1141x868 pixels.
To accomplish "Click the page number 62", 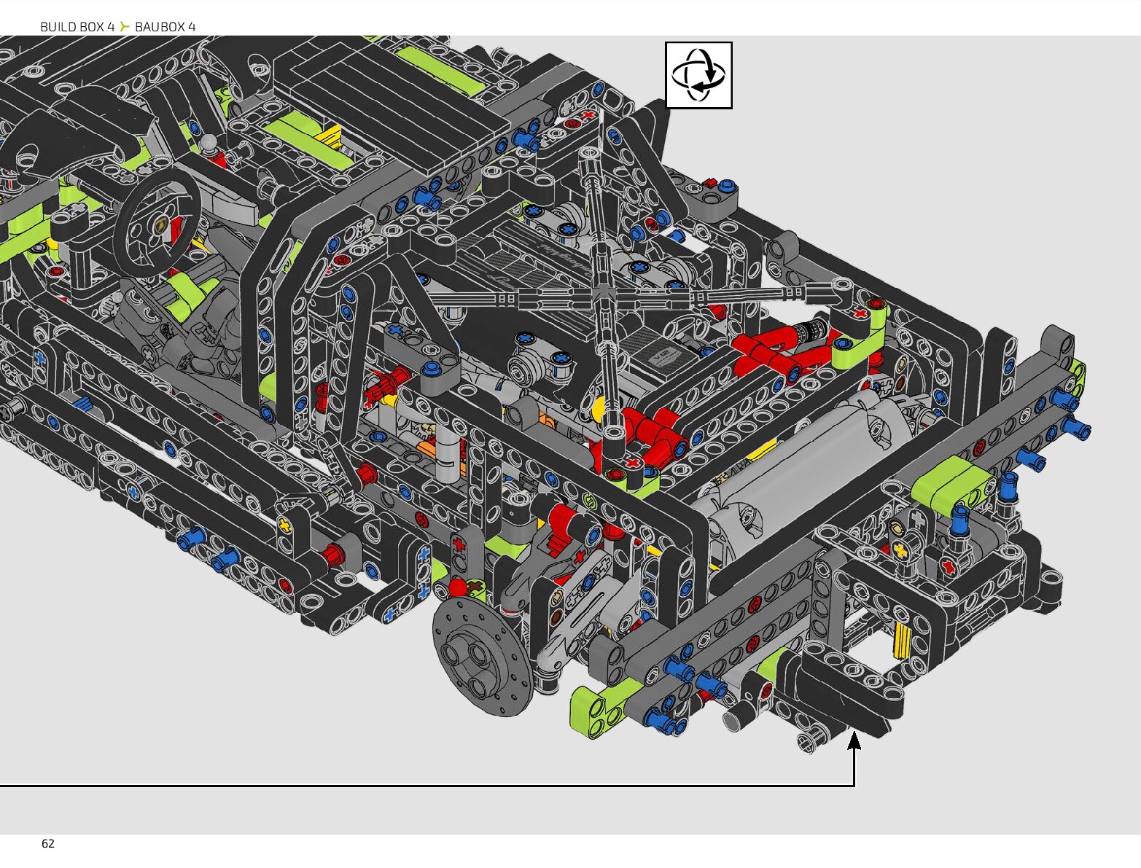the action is (48, 843).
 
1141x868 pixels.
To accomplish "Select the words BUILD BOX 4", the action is (77, 27).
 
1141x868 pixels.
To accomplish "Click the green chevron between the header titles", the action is (125, 26).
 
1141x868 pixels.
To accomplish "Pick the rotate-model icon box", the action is (698, 75).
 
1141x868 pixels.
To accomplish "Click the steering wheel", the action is (157, 223).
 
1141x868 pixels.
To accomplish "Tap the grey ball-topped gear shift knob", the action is (209, 141).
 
